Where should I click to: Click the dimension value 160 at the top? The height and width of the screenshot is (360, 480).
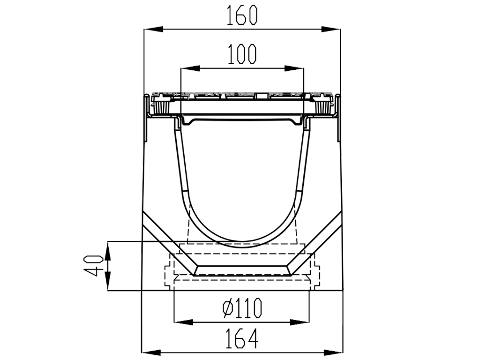(x=242, y=16)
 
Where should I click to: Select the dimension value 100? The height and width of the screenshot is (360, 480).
(x=242, y=55)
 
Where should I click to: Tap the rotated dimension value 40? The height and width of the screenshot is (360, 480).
(x=95, y=265)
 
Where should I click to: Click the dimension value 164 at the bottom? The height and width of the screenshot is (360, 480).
(x=242, y=339)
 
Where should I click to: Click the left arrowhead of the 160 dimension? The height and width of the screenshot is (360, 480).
(x=150, y=30)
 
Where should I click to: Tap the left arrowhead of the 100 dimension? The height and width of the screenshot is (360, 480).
(x=187, y=68)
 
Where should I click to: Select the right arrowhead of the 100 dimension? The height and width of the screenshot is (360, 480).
(x=297, y=68)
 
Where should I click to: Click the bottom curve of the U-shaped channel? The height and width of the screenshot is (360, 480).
(x=242, y=244)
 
